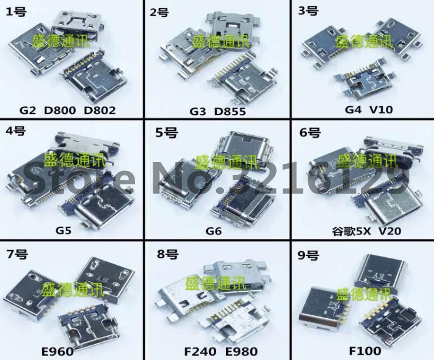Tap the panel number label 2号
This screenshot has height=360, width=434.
160,11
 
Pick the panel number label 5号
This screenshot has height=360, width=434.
161,132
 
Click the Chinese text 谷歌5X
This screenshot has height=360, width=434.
347,231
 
